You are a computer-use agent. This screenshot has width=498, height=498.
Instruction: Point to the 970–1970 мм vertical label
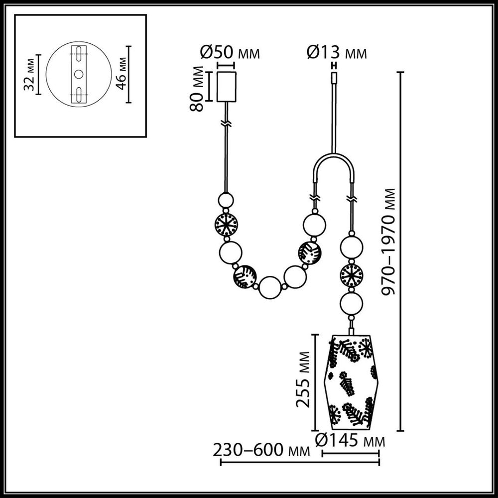point(390,242)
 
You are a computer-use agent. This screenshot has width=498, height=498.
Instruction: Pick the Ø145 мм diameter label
point(351,441)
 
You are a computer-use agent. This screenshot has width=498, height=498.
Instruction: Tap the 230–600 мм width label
point(261,451)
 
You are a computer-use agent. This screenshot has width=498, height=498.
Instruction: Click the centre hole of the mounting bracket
point(79,74)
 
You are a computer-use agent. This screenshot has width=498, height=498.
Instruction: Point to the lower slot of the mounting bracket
point(79,95)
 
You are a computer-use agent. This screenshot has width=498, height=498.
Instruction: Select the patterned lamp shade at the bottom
point(352,382)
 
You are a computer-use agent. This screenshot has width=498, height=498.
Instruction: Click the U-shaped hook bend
point(334,162)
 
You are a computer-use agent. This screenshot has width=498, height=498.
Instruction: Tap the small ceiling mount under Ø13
point(334,78)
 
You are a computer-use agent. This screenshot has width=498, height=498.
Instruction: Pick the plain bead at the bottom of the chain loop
point(270,287)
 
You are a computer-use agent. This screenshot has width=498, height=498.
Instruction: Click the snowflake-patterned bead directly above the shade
point(352,275)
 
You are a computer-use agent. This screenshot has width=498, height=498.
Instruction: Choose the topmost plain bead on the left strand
point(227,200)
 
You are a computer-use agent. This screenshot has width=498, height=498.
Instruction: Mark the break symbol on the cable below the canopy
point(227,123)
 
